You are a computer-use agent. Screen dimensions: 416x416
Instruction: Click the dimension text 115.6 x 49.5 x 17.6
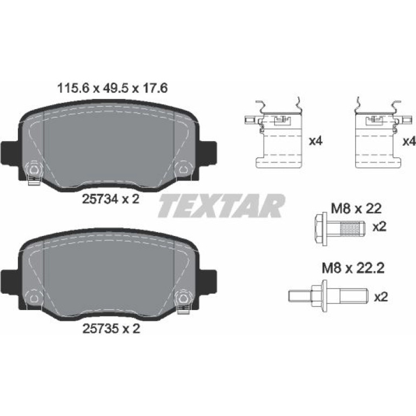click(x=112, y=88)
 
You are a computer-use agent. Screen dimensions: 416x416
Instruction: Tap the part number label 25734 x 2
click(x=111, y=199)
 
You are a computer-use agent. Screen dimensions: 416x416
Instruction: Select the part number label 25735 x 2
click(x=111, y=329)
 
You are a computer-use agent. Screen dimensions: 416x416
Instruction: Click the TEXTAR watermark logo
click(x=222, y=206)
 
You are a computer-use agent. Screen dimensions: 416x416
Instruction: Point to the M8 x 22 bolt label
click(x=356, y=209)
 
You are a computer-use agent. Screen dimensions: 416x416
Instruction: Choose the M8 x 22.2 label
click(x=353, y=269)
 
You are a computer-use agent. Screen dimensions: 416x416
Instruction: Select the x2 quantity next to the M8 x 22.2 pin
click(x=381, y=297)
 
